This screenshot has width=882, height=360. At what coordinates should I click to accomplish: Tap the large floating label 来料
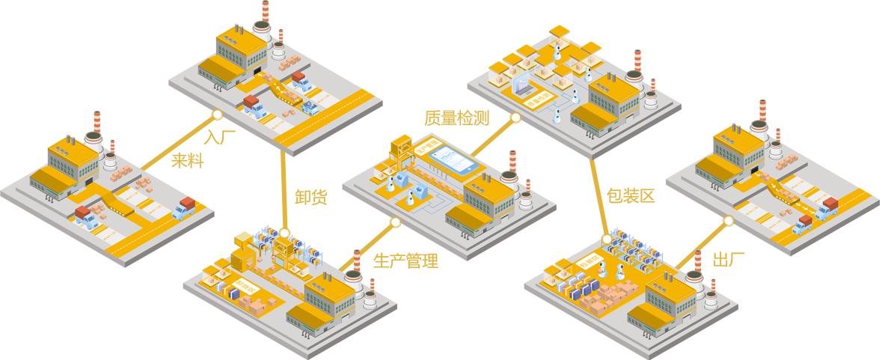click(x=187, y=159)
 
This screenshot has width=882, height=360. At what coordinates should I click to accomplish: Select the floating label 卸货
click(x=308, y=198)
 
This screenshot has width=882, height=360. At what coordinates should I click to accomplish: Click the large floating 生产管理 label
click(x=405, y=260)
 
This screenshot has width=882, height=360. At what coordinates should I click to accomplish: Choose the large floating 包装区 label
click(x=625, y=196)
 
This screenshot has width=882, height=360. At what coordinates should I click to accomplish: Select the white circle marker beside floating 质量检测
click(x=515, y=118)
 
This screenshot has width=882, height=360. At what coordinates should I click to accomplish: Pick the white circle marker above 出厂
click(x=728, y=222)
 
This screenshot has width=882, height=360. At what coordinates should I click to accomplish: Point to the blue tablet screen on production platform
click(x=452, y=159)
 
